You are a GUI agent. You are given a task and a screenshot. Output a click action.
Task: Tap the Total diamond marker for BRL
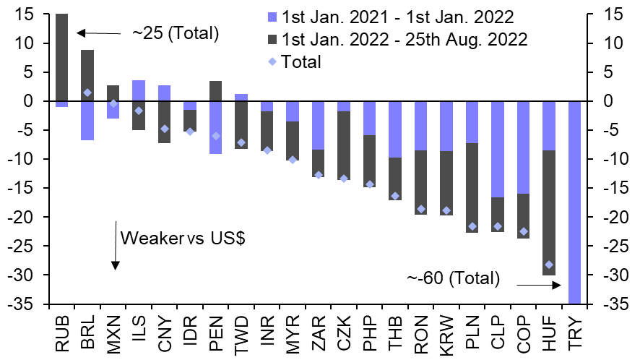[87, 93]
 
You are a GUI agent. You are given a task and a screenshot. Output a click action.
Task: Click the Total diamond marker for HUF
[548, 265]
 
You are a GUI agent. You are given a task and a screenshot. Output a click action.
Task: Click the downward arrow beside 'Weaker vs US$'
[114, 246]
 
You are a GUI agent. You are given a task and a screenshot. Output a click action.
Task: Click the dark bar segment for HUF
[548, 213]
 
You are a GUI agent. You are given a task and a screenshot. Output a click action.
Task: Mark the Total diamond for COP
[523, 231]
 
